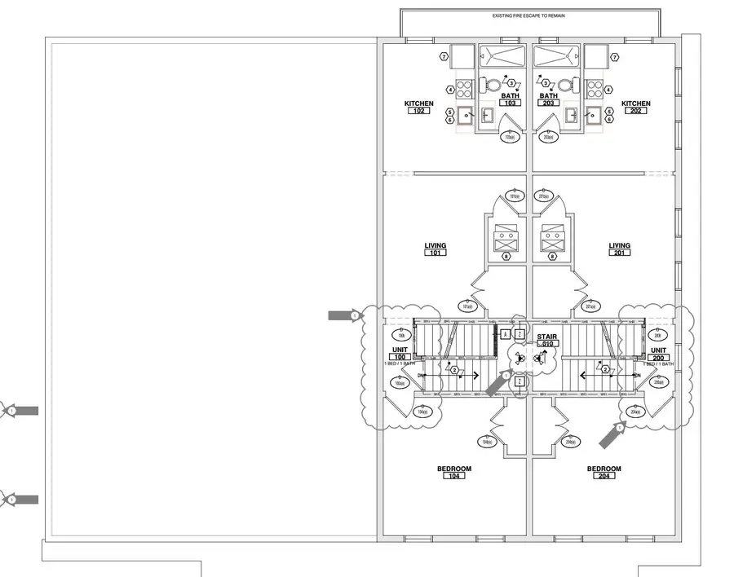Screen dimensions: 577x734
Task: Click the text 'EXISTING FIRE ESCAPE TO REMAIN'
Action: pos(528,15)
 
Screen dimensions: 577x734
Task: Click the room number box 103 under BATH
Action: pos(510,104)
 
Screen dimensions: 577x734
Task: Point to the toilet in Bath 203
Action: pos(564,85)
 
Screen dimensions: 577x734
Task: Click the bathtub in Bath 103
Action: pos(502,56)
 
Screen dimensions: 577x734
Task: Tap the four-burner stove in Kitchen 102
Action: pos(464,89)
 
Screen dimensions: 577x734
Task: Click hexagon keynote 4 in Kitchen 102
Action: pos(449,90)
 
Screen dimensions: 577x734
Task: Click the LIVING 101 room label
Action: pos(435,249)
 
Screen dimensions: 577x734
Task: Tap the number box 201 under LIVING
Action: pos(619,253)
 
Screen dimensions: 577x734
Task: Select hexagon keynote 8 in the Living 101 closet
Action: pos(506,258)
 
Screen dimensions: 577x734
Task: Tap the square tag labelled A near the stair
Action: pos(506,335)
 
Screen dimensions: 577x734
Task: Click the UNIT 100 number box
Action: pos(400,358)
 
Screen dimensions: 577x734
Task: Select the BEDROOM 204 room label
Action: pos(604,473)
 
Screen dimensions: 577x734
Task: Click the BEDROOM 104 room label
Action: pos(454,473)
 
